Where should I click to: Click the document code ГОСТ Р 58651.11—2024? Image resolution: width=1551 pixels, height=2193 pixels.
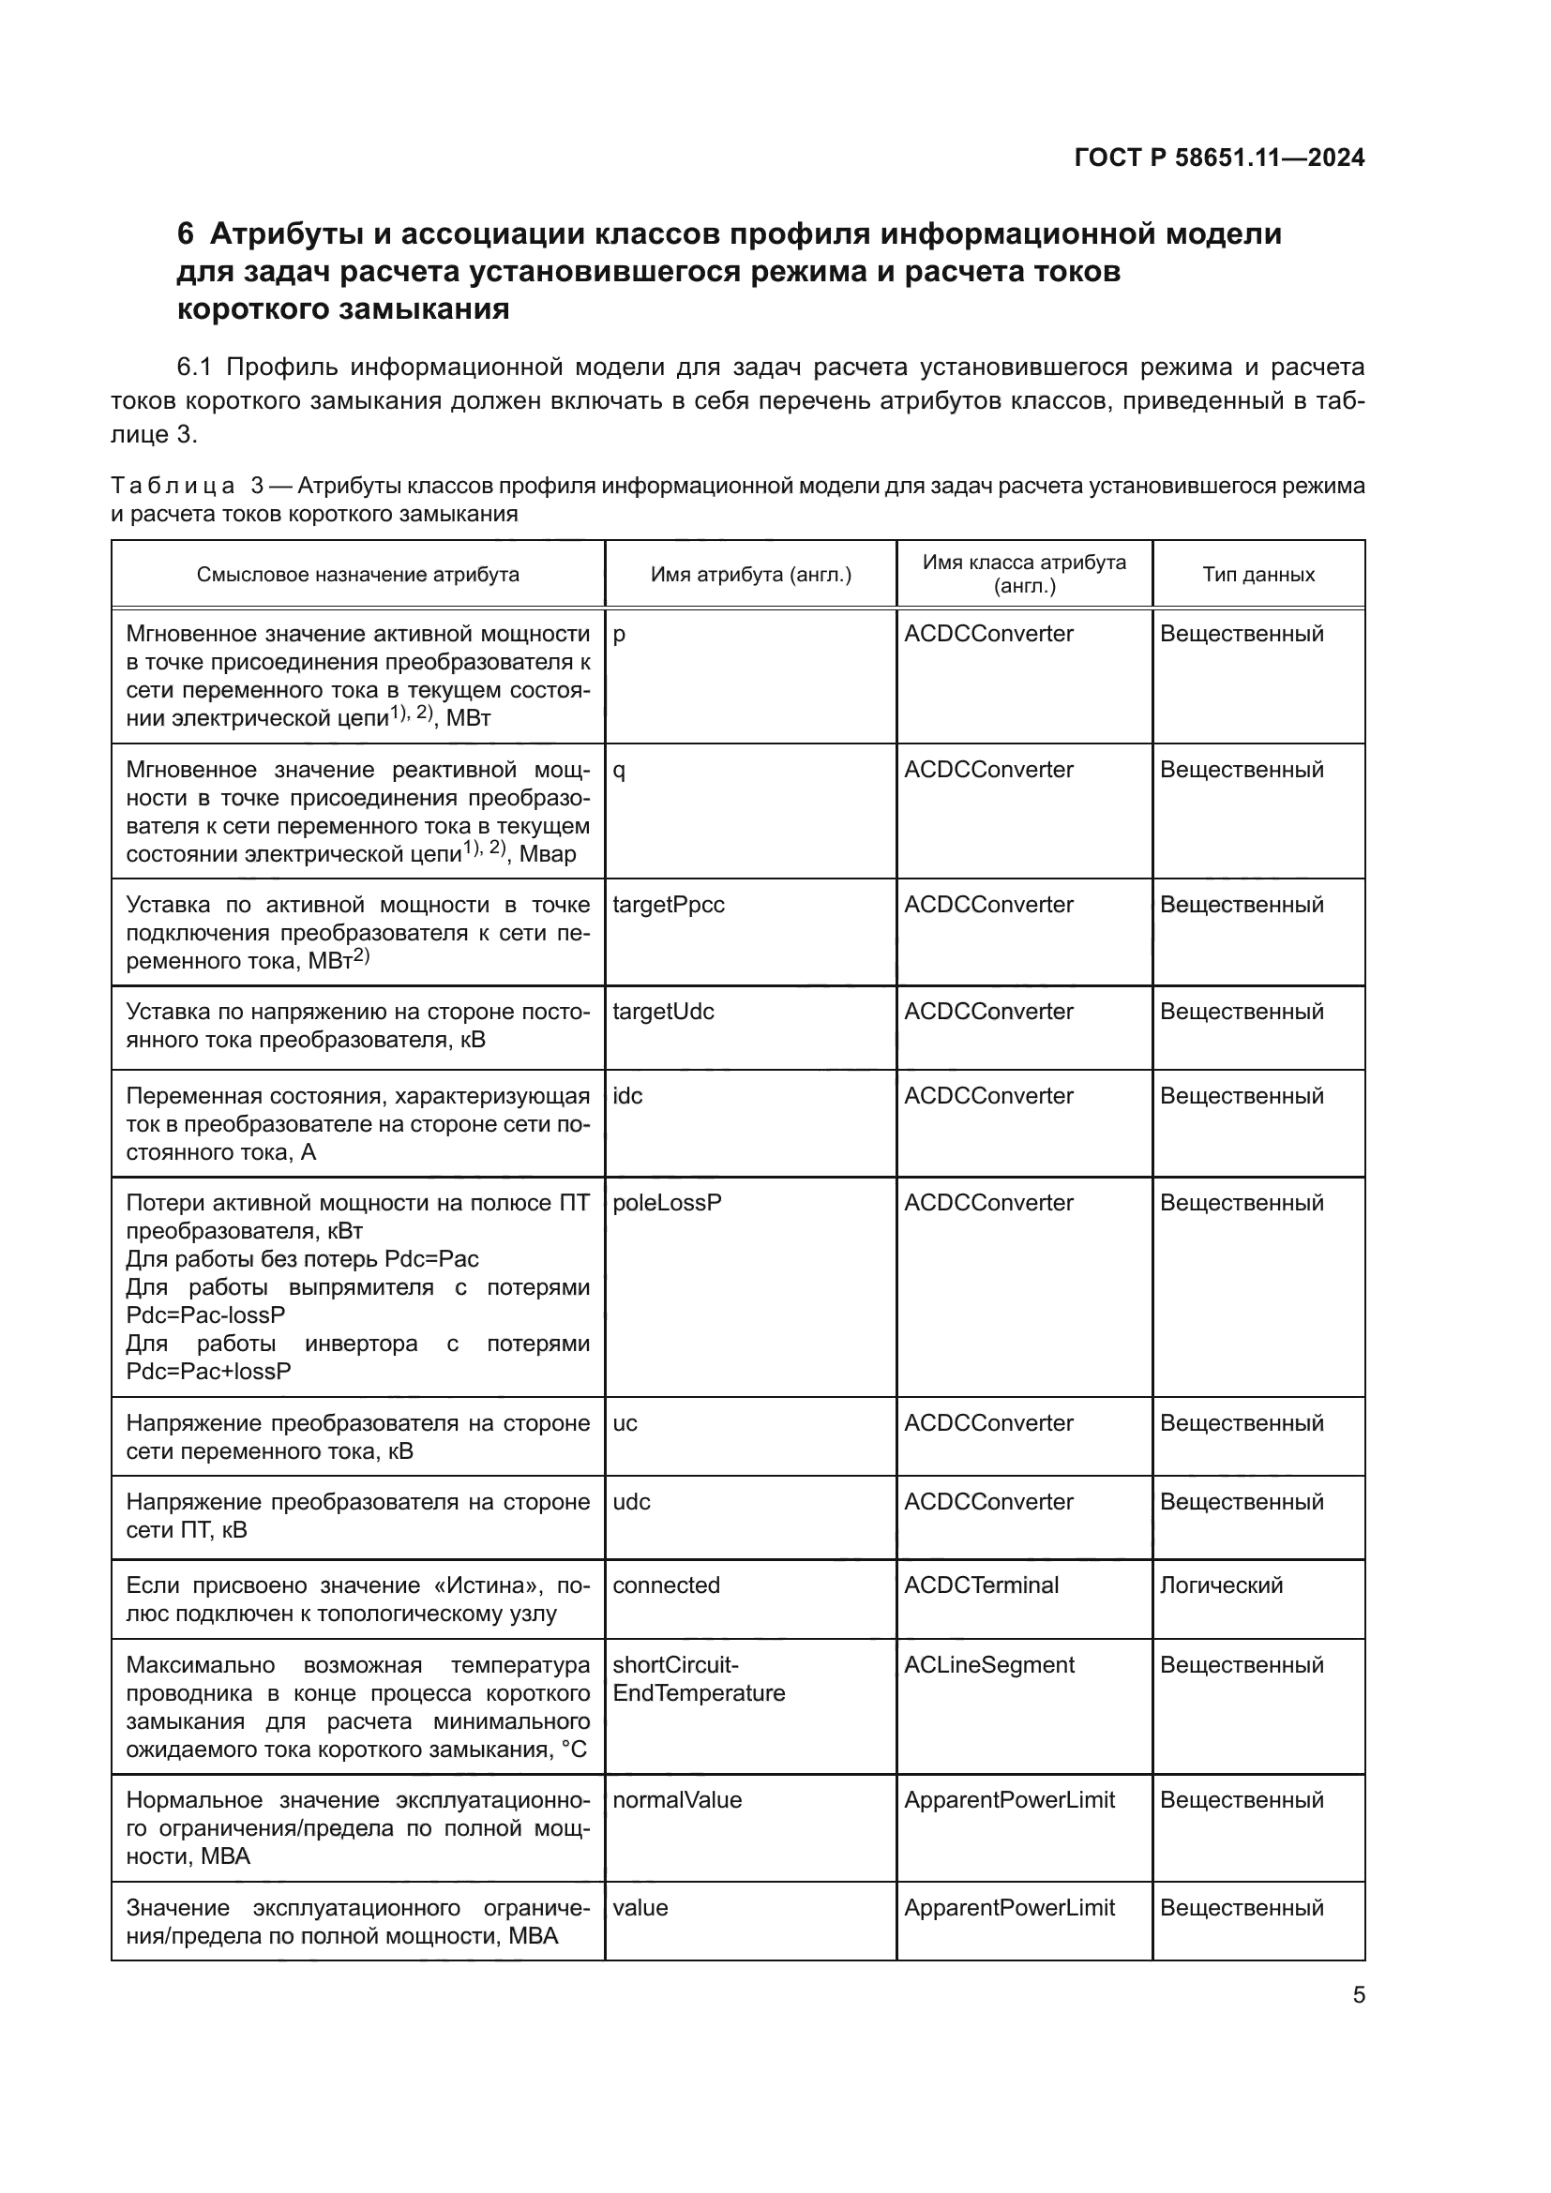pos(1219,158)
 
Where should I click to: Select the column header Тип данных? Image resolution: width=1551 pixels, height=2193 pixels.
pos(1257,574)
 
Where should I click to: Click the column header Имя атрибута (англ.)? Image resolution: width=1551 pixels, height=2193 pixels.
pos(751,574)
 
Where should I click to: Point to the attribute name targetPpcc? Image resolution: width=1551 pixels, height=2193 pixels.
pos(668,905)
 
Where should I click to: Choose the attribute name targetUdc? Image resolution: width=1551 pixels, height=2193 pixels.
pos(663,1012)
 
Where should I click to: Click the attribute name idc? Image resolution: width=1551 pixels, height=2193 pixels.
pos(627,1095)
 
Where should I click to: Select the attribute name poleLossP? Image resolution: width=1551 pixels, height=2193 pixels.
pos(667,1203)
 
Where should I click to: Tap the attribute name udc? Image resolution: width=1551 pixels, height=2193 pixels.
pos(631,1501)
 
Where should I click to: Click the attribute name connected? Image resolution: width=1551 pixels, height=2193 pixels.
pos(666,1585)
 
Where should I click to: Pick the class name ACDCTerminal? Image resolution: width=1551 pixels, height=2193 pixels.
pos(981,1585)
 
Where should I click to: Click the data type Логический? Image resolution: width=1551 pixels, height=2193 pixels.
pos(1221,1585)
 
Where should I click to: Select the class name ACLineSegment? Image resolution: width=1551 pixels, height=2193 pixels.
pos(988,1665)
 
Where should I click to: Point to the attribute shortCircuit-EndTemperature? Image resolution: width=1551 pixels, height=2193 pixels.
pos(699,1679)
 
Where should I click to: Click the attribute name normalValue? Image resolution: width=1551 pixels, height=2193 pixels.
pos(676,1799)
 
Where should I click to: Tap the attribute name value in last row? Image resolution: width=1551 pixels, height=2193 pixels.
pos(640,1907)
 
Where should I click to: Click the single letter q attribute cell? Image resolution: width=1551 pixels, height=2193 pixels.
pos(619,771)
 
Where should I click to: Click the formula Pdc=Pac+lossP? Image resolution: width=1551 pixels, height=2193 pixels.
pos(208,1372)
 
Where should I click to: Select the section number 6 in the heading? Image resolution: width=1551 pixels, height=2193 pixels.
pos(186,234)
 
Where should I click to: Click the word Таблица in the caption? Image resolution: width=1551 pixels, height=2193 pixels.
pos(172,487)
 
